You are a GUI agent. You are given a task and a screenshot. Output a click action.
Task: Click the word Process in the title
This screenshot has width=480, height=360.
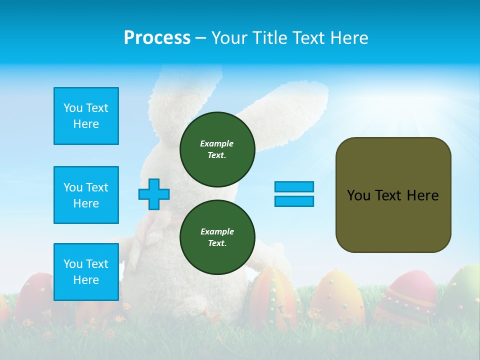(x=157, y=38)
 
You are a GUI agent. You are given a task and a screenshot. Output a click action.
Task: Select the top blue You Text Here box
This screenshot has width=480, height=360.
(x=86, y=116)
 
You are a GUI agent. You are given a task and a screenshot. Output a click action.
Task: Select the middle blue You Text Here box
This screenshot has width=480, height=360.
(x=86, y=195)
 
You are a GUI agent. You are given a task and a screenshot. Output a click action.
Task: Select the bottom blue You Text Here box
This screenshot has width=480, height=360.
(x=86, y=272)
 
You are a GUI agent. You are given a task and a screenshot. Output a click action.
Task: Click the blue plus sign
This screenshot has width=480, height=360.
(x=154, y=194)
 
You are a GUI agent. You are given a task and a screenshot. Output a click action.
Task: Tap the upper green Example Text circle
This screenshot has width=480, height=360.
(x=217, y=149)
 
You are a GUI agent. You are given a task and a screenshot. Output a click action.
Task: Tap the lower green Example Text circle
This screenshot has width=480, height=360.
(x=217, y=237)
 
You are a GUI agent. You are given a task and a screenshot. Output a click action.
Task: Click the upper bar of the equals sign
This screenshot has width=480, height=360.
(x=294, y=186)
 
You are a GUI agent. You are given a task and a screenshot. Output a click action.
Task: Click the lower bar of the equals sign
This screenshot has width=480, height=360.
(x=294, y=201)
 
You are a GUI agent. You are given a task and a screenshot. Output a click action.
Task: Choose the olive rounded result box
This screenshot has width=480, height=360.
(x=393, y=195)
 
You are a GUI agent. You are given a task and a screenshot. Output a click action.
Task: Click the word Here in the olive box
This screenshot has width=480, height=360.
(x=422, y=195)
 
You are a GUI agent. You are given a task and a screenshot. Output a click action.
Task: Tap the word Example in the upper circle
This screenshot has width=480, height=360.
(x=217, y=143)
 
